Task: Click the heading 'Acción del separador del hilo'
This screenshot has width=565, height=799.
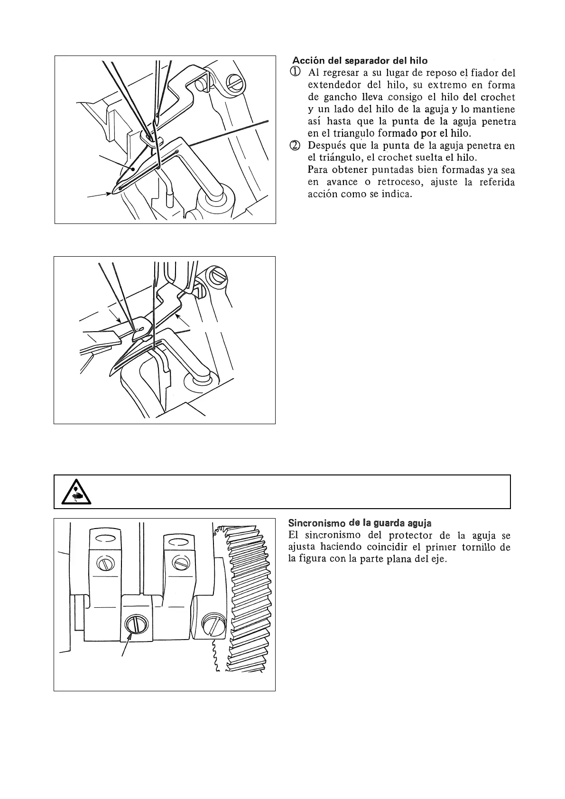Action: coord(360,61)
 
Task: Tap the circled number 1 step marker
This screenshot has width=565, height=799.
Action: coord(295,73)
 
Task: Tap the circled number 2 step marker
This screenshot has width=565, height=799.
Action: coord(295,146)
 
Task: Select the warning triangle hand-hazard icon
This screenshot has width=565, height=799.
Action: coord(75,492)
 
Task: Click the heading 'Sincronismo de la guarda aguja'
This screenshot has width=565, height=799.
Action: coord(360,523)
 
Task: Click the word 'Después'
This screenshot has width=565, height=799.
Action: coord(325,146)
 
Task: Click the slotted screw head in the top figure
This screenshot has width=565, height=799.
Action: coord(236,82)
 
